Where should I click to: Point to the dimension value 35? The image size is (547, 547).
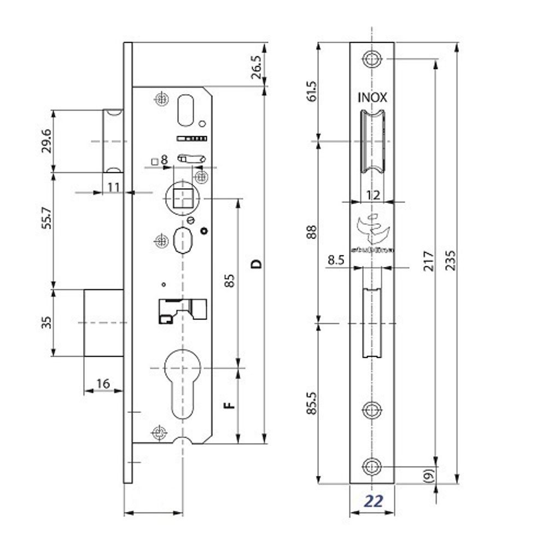coord(48,322)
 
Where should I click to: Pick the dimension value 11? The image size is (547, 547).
coord(113,187)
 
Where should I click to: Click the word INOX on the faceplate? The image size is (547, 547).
coord(372,98)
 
